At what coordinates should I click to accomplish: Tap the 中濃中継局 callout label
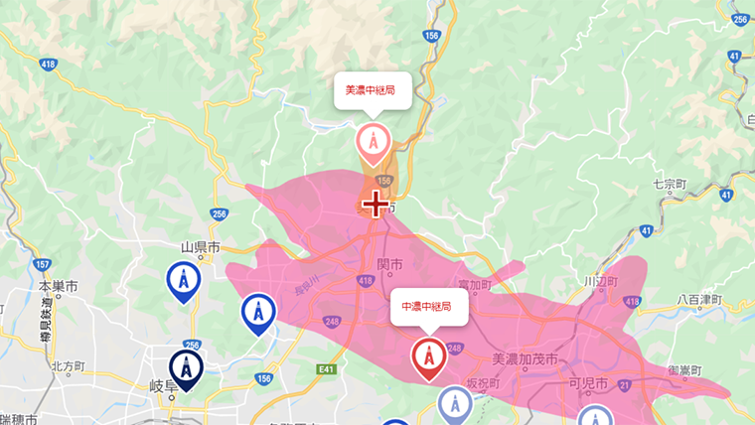426,306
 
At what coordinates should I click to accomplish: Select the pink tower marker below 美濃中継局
374,143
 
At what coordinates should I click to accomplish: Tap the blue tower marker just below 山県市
183,281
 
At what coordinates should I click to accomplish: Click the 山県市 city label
200,246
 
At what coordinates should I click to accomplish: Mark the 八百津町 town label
702,298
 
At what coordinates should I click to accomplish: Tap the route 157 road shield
42,265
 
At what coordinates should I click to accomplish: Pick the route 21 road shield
625,383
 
